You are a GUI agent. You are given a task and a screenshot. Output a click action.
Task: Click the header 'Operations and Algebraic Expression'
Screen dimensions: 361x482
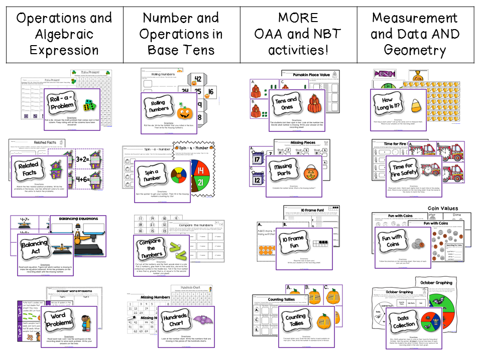click(x=64, y=34)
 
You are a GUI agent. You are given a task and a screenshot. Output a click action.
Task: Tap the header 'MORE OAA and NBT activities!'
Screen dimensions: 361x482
click(x=298, y=34)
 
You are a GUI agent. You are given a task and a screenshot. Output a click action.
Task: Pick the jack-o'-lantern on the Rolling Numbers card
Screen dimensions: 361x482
click(x=184, y=109)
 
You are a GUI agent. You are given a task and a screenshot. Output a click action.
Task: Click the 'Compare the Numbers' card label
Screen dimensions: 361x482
click(x=151, y=247)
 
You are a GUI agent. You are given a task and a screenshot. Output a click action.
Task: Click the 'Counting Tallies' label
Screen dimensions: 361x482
click(x=295, y=319)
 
